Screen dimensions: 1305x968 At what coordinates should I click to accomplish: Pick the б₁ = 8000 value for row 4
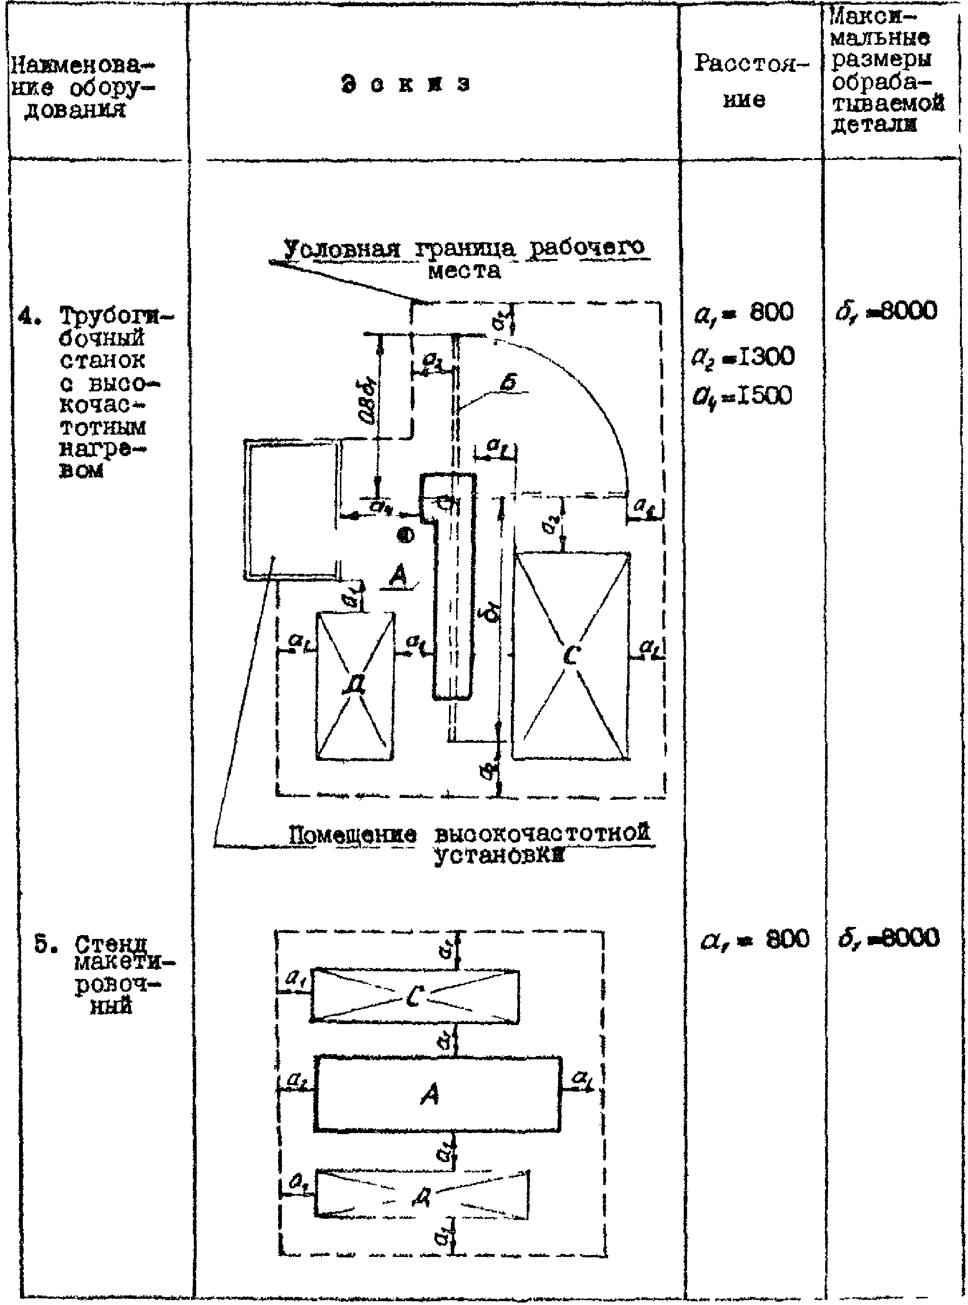point(887,311)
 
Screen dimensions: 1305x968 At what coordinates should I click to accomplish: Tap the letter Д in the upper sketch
point(355,685)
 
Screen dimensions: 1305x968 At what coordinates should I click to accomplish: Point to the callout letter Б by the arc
point(510,383)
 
